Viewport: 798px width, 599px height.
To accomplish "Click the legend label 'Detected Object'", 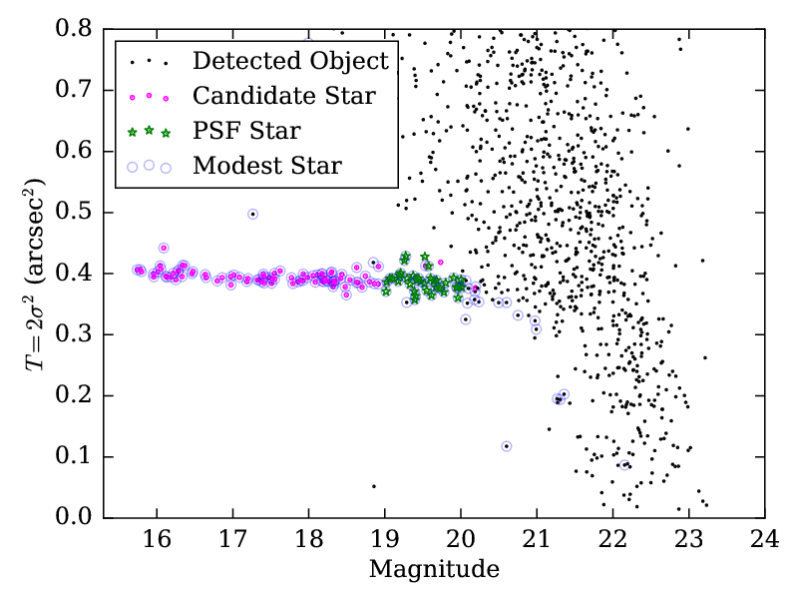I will coord(290,62).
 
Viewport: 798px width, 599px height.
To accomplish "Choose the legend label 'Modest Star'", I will coord(267,165).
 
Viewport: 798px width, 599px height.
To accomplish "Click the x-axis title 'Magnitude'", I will coord(434,570).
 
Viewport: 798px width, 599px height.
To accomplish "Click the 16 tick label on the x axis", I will coord(157,540).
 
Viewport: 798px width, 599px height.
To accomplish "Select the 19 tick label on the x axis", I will coord(384,540).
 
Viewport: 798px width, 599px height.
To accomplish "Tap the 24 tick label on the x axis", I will coord(764,540).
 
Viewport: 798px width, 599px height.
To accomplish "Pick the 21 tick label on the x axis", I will coord(536,540).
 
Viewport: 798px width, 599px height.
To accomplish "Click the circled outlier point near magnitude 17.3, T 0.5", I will coord(253,214).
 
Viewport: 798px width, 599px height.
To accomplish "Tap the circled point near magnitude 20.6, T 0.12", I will coord(507,446).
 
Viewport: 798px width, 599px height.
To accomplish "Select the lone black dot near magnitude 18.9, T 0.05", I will coord(374,486).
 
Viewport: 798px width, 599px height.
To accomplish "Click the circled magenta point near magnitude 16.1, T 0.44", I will coord(164,248).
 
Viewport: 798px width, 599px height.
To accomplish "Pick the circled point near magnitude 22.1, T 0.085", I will coord(623,465).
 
